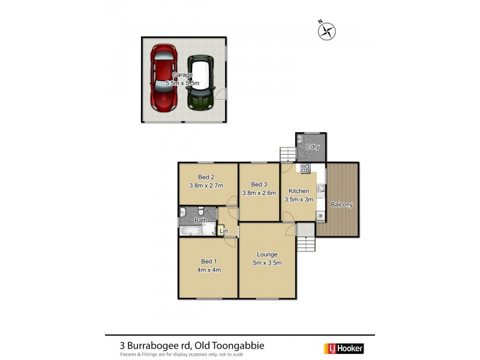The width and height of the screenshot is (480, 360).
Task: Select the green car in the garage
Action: pyautogui.click(x=201, y=83)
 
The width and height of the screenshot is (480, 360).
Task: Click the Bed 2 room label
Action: pyautogui.click(x=206, y=177)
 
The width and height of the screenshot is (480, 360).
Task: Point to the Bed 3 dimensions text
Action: pyautogui.click(x=259, y=193)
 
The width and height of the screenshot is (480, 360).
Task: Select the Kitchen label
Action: pyautogui.click(x=298, y=191)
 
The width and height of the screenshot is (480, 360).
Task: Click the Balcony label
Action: pyautogui.click(x=341, y=205)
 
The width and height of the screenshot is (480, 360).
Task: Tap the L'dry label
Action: pyautogui.click(x=312, y=147)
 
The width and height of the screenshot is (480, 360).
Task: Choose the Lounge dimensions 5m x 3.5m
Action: pyautogui.click(x=267, y=263)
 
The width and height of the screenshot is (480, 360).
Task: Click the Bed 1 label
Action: pyautogui.click(x=206, y=261)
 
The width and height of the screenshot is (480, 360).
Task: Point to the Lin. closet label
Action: pyautogui.click(x=224, y=230)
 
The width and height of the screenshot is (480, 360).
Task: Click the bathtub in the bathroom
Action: pyautogui.click(x=190, y=230)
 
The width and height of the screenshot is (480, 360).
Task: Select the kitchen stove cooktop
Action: pyautogui.click(x=305, y=168)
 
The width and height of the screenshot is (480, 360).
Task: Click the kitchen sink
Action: pyautogui.click(x=321, y=191)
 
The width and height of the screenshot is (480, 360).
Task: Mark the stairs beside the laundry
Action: pyautogui.click(x=287, y=155)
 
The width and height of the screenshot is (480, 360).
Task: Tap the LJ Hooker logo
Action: pyautogui.click(x=344, y=348)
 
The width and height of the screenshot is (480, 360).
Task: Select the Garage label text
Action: pyautogui.click(x=182, y=75)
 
